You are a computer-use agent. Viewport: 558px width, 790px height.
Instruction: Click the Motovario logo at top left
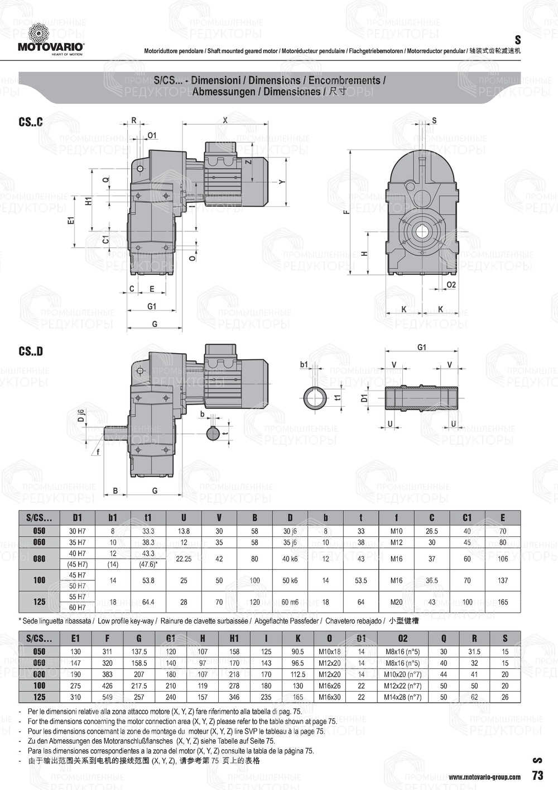50,39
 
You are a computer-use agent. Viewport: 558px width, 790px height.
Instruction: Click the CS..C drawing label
31,122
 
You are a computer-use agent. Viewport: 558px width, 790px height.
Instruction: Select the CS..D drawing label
31,351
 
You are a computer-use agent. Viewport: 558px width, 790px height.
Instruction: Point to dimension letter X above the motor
225,120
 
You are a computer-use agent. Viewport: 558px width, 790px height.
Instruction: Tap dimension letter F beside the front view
347,212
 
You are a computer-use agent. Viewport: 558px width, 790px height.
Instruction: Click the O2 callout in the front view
451,285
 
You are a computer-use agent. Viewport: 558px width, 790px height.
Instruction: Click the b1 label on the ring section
304,364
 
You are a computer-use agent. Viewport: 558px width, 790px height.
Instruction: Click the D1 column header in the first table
77,518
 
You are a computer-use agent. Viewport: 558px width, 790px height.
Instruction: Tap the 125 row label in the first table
39,602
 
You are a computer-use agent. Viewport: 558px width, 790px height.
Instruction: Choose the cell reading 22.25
184,558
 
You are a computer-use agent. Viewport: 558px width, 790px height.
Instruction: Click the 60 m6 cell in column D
290,602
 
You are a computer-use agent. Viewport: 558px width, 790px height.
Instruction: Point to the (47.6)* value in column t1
148,564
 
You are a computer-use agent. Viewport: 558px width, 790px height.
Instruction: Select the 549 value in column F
107,697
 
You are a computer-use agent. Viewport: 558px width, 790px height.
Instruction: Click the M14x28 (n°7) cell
402,697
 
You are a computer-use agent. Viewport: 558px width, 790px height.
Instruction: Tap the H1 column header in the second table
234,638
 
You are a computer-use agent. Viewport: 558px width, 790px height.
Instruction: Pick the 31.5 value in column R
474,651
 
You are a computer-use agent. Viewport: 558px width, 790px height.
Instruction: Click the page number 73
537,775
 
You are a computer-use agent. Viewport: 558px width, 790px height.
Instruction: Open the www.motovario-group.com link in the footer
484,777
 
